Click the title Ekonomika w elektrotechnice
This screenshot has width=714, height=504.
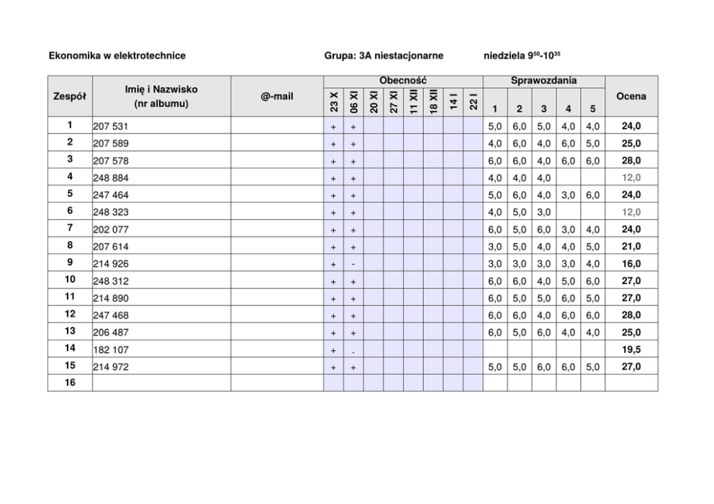click(117, 55)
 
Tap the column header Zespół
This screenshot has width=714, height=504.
click(70, 96)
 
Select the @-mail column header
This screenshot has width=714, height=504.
click(277, 96)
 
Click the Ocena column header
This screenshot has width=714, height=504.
click(631, 96)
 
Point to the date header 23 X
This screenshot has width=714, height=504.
click(334, 101)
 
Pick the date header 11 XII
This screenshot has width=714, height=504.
click(413, 101)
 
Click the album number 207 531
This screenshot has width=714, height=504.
click(111, 127)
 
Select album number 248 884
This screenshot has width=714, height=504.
click(111, 178)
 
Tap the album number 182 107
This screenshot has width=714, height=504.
click(111, 350)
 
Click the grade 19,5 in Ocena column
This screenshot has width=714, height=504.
click(631, 350)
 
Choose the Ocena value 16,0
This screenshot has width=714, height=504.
click(631, 264)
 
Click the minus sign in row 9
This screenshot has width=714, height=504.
click(353, 264)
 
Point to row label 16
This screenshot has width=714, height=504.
click(70, 383)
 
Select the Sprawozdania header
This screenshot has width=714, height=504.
click(543, 81)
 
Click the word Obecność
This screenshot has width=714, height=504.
click(403, 81)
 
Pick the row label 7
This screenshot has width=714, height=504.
click(70, 229)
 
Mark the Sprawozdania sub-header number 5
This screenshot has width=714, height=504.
click(592, 109)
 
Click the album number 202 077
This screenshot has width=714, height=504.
click(111, 229)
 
